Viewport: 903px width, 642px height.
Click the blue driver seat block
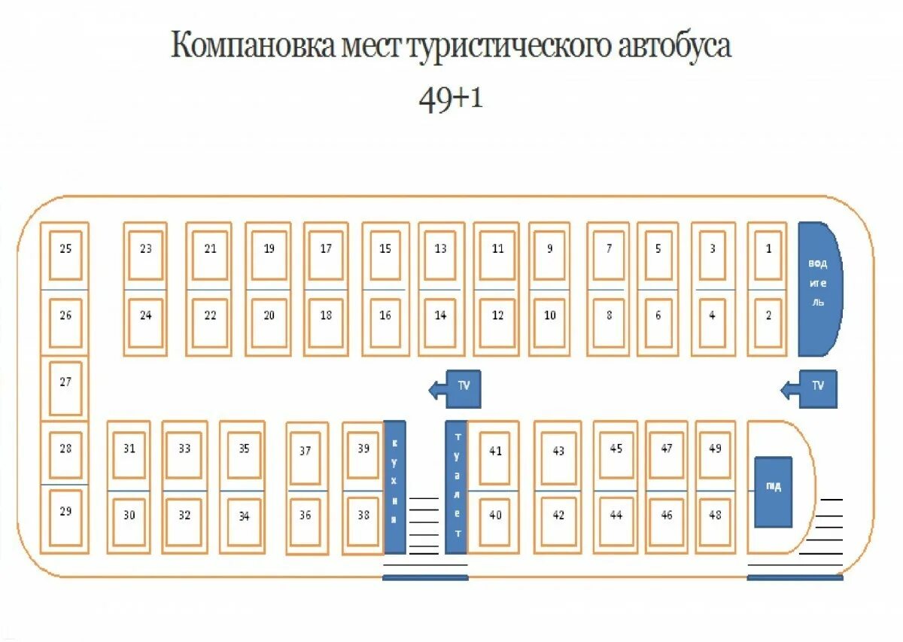click(x=818, y=288)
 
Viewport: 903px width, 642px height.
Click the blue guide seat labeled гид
click(x=774, y=491)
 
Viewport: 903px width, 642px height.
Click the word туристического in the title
click(x=509, y=47)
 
